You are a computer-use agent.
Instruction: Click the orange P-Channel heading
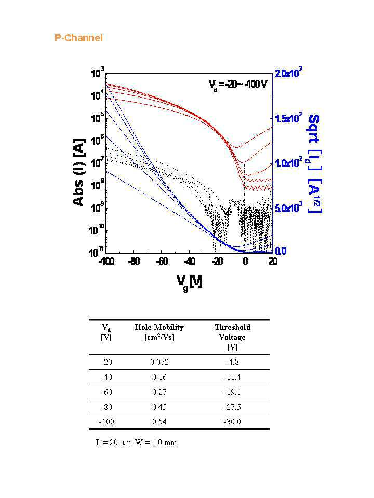[78, 38]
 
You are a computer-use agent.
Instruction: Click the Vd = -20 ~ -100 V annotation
[238, 84]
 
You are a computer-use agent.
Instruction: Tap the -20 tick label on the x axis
[217, 261]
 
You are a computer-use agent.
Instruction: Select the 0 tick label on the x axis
[245, 261]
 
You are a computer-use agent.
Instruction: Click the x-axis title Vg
[190, 282]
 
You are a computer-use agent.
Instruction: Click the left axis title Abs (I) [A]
[79, 172]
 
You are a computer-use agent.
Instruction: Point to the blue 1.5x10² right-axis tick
[289, 118]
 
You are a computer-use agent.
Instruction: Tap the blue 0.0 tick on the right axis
[280, 251]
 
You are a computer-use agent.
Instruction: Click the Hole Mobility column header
[159, 332]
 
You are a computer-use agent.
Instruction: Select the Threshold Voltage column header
[233, 337]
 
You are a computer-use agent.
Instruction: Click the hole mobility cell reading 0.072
[159, 362]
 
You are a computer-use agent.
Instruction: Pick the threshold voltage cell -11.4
[232, 377]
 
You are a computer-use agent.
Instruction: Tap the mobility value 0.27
[159, 392]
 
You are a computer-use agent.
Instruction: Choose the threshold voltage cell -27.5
[232, 407]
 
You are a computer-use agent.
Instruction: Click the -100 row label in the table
[106, 422]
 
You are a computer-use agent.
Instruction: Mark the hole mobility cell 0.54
[159, 422]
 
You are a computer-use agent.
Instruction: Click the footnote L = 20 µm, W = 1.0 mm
[136, 442]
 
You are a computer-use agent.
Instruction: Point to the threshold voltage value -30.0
[232, 422]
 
